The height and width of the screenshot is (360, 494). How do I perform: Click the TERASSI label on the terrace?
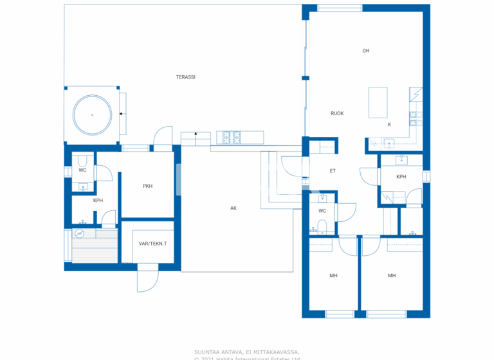(x=186, y=77)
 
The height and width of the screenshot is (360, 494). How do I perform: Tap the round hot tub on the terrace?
(x=93, y=114)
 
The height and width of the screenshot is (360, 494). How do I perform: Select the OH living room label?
(x=365, y=51)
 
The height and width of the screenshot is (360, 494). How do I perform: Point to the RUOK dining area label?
(x=337, y=113)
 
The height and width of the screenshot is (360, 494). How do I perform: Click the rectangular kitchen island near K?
(x=378, y=103)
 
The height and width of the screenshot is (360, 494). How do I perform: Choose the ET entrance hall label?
(x=333, y=171)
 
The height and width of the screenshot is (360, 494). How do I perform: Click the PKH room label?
(x=147, y=186)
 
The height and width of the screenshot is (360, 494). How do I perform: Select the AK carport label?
(x=234, y=208)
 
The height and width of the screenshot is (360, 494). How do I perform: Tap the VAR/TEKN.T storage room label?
(x=152, y=244)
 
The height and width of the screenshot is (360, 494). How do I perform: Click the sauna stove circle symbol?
(x=80, y=233)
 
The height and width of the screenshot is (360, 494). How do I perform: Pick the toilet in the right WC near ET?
(x=322, y=225)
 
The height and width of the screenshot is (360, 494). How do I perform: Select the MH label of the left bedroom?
(x=333, y=275)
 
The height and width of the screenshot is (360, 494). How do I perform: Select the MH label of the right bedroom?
(x=391, y=275)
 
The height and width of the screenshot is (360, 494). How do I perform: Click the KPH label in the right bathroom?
(x=401, y=177)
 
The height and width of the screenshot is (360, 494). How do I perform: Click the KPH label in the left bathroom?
(x=98, y=201)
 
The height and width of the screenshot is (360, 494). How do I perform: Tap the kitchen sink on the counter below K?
(x=388, y=143)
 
